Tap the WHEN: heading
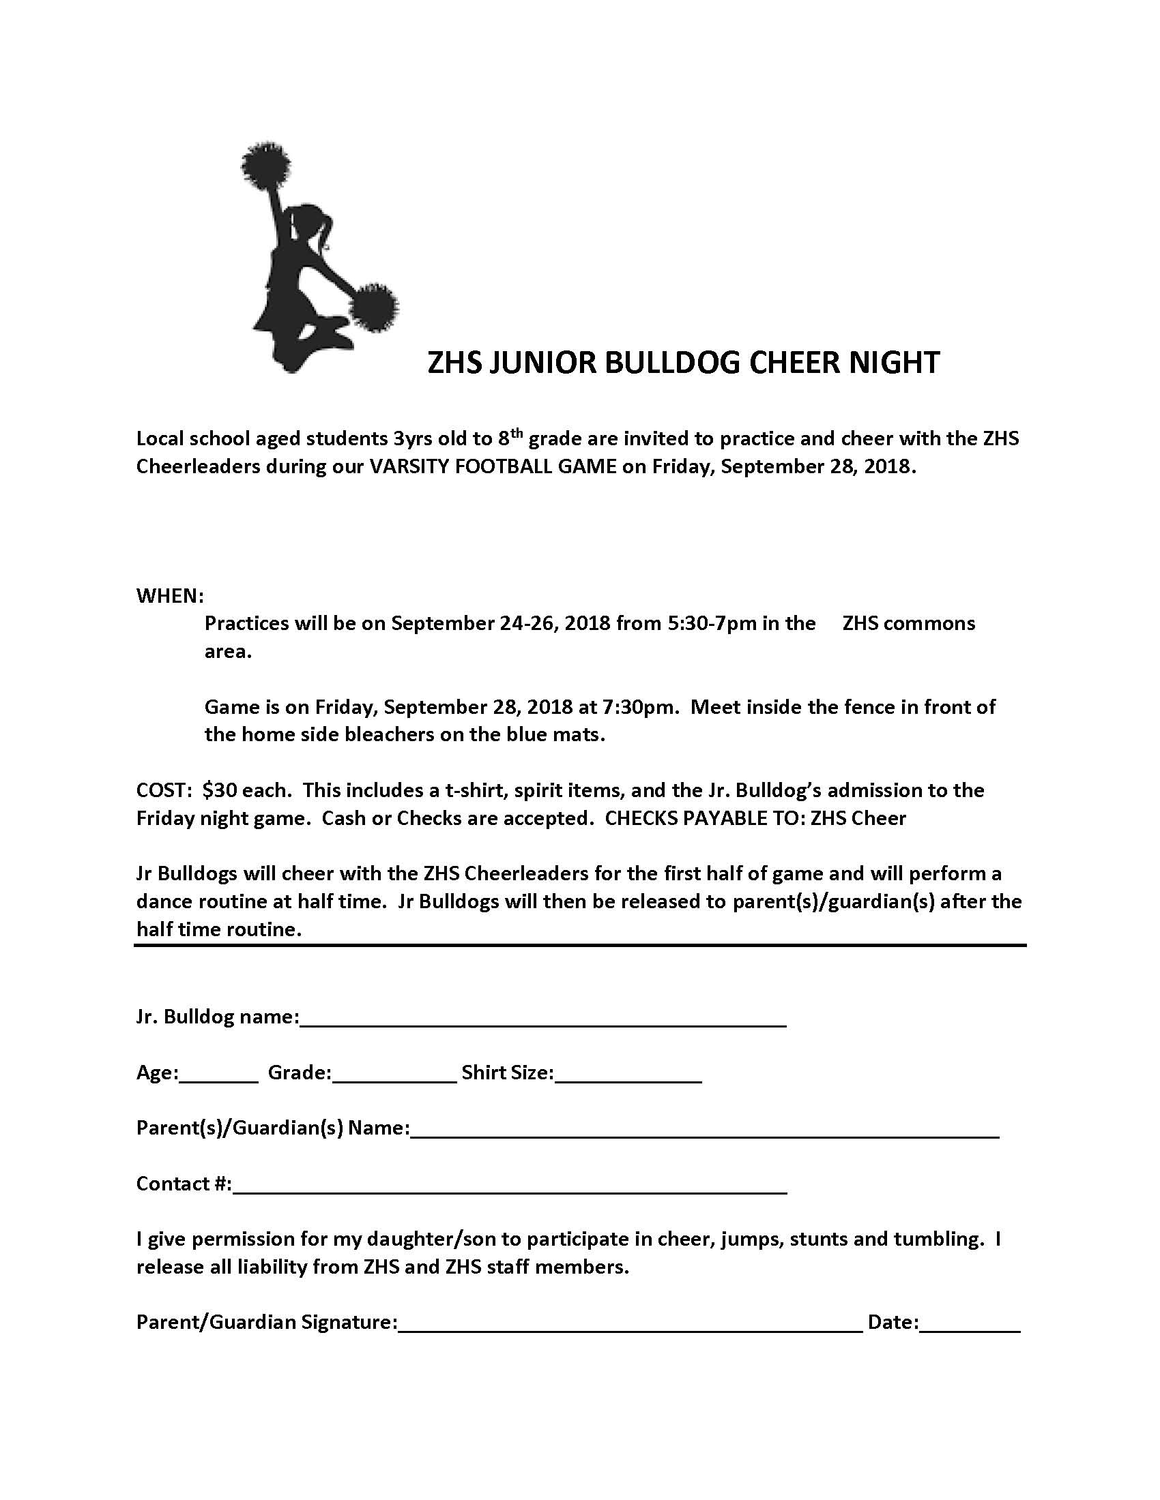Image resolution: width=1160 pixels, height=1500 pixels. coord(170,595)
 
